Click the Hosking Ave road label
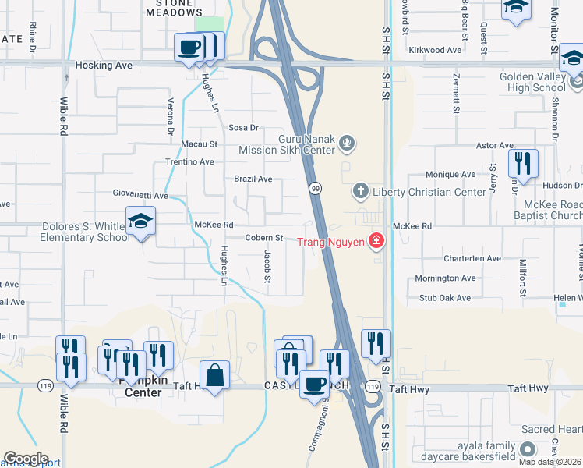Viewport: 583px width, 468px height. click(x=104, y=66)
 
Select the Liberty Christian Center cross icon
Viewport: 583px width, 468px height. click(x=360, y=190)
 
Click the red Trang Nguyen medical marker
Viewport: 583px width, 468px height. click(x=376, y=242)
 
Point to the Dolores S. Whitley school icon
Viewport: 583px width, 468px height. click(x=140, y=222)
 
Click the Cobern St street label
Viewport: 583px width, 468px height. click(x=264, y=238)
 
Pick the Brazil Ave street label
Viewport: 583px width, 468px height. click(x=253, y=179)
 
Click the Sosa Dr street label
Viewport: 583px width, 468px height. click(x=243, y=127)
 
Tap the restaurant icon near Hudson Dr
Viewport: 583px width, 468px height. click(x=522, y=165)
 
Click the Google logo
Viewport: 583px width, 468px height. click(x=25, y=459)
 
